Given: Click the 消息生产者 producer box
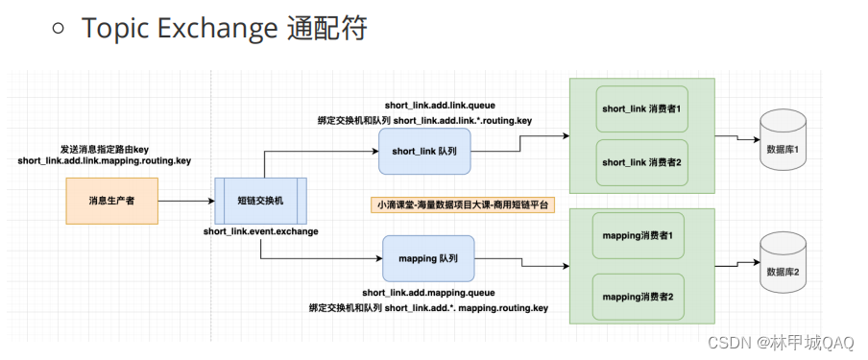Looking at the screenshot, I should click(111, 201).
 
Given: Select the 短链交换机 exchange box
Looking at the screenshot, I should click(259, 201).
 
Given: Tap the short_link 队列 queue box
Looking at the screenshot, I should click(424, 151).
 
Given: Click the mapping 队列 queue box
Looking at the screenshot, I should click(427, 257).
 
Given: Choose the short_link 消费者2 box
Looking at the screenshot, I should click(641, 162).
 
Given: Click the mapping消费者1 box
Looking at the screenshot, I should click(639, 235).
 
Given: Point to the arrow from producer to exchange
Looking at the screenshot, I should click(185, 202).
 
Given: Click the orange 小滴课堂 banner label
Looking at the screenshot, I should click(449, 204).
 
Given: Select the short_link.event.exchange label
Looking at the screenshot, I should click(260, 231).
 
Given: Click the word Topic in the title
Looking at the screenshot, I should click(112, 29).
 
